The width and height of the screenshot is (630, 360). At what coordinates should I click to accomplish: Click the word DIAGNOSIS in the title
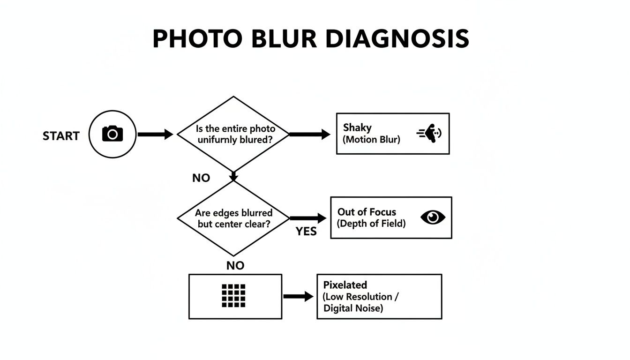397,39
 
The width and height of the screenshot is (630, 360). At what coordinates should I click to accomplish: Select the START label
61,136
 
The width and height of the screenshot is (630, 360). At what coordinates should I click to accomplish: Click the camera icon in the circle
112,134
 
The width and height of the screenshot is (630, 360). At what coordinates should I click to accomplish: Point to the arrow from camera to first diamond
155,135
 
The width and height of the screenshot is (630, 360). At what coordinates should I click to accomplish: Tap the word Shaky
357,127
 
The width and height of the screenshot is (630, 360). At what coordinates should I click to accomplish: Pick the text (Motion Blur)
372,139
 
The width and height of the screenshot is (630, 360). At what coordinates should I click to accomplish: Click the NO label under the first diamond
201,178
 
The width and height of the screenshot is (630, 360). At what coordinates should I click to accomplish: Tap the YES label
306,231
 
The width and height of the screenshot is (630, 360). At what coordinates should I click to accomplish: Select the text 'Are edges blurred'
233,213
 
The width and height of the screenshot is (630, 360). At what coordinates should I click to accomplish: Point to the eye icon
433,217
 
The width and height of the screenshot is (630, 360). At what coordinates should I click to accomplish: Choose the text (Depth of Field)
371,223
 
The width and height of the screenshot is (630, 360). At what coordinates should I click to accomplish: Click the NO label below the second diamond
235,266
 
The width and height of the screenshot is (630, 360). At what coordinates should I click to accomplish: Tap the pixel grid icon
233,296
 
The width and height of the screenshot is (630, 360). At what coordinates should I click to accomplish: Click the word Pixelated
345,285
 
